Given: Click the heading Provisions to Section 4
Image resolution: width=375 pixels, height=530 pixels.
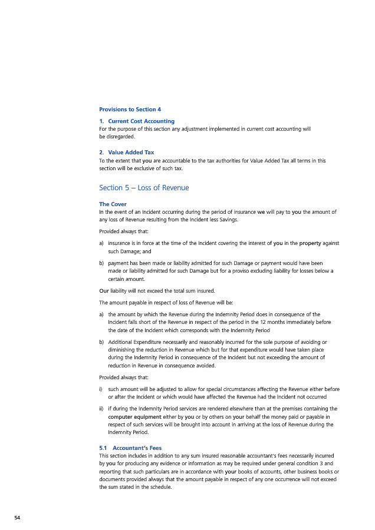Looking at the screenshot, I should pyautogui.click(x=130, y=110).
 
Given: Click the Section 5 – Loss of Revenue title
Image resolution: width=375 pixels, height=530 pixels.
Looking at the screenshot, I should pyautogui.click(x=144, y=188).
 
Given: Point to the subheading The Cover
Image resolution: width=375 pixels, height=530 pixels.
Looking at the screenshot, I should pyautogui.click(x=113, y=204).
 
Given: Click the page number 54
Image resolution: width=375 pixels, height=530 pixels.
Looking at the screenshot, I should pyautogui.click(x=17, y=517).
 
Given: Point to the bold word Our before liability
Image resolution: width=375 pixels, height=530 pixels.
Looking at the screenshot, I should pyautogui.click(x=104, y=291).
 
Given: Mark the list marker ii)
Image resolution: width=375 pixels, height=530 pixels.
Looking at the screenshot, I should pyautogui.click(x=102, y=408).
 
